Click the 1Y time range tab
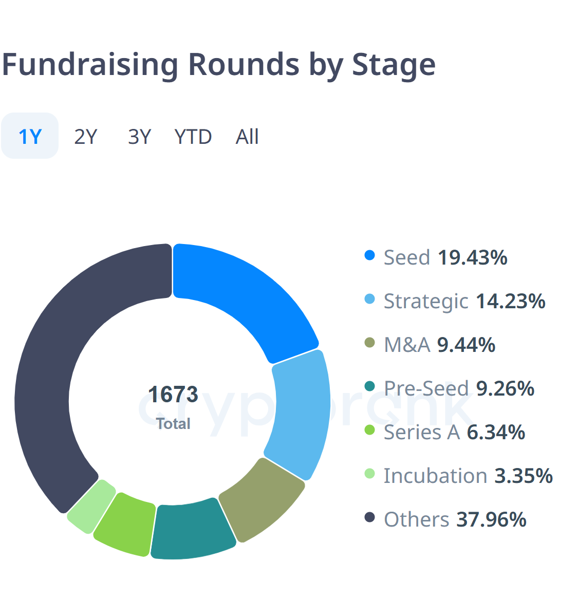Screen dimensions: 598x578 30,136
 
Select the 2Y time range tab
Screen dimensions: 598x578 85,137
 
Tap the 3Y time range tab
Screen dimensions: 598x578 139,137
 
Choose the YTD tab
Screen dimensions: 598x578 193,137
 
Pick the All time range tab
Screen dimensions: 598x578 247,137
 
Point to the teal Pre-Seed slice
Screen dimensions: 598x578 192,529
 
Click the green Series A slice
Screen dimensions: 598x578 125,523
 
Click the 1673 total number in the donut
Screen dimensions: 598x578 173,395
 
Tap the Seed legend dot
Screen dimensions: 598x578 369,255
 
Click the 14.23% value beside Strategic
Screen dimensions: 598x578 510,301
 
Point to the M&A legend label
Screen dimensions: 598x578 407,345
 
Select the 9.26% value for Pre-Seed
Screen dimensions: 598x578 505,388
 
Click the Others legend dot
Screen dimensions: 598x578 369,517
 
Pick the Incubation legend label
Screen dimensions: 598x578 435,476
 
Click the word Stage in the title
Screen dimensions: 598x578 393,65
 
